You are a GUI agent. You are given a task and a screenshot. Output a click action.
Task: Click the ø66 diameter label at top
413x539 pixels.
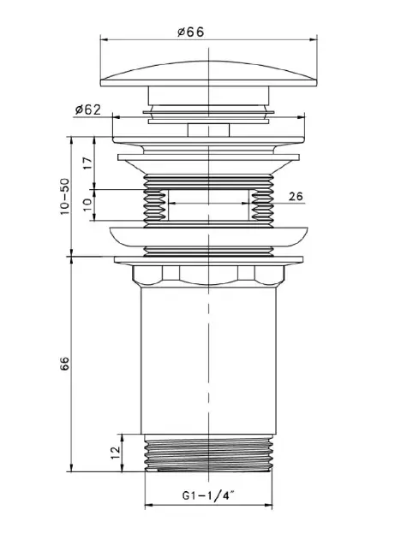pos(191,32)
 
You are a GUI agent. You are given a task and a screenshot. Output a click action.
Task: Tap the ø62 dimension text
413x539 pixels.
pos(88,110)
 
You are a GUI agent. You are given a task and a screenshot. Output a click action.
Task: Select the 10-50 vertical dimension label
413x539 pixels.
pos(65,197)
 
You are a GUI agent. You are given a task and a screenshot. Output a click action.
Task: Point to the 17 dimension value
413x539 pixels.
pos(88,163)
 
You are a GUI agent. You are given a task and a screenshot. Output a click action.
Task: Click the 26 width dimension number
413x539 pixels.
pos(296,196)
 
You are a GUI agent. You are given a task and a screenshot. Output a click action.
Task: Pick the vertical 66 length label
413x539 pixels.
pos(65,364)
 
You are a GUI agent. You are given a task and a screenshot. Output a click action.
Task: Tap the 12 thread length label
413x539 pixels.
pos(116,452)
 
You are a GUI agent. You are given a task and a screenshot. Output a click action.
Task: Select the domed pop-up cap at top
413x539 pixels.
pos(208,74)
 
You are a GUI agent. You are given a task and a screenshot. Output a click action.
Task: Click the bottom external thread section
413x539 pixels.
pos(208,453)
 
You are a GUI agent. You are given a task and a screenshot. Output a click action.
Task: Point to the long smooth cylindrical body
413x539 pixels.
pos(208,360)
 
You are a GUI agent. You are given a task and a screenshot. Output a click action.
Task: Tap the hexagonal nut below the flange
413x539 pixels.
pos(208,275)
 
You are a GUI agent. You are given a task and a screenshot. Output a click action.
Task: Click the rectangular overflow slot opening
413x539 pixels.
pos(208,205)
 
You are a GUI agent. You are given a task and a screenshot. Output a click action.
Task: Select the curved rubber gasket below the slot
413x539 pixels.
pos(208,237)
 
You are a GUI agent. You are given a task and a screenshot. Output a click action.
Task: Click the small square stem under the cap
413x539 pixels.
pos(208,130)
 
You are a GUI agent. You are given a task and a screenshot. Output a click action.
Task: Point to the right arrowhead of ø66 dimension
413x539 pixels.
pos(314,39)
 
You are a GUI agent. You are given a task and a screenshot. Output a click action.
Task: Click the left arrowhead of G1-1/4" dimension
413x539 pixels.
pos(148,506)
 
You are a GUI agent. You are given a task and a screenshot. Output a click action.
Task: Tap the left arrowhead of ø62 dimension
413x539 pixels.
pos(117,117)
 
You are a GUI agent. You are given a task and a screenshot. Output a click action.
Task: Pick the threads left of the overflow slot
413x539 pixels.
pos(155,205)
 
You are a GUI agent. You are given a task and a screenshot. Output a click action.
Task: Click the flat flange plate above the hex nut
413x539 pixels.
pos(208,260)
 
